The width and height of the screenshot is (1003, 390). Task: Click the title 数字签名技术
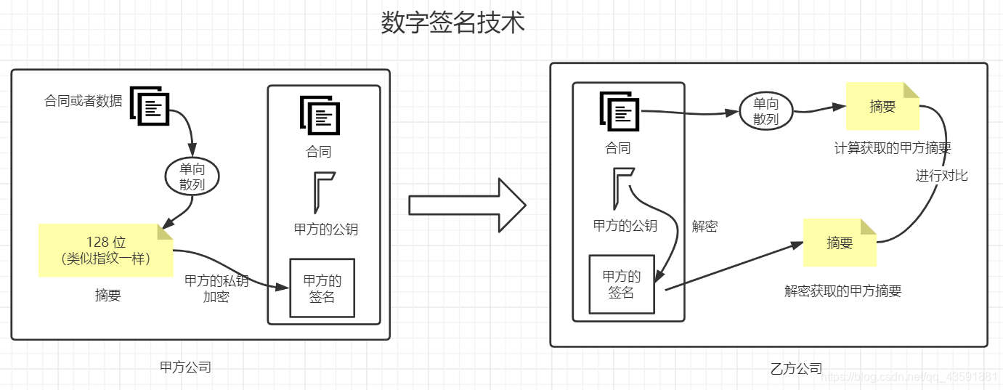coord(452,23)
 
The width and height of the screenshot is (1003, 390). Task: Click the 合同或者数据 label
coord(84,101)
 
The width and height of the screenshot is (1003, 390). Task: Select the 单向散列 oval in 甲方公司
coord(192,176)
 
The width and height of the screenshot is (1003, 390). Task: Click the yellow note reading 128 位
coord(107,250)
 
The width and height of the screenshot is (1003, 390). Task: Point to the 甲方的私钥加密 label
coord(216,289)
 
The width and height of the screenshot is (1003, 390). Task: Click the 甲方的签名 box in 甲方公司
coord(322,288)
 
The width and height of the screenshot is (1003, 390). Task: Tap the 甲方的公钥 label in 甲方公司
coord(326,229)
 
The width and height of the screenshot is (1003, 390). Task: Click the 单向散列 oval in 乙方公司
coord(766,112)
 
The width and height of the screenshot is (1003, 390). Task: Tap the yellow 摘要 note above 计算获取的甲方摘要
coord(882,107)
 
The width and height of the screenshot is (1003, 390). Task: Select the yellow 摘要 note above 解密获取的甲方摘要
coord(840,243)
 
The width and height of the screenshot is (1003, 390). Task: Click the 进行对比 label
coord(941,176)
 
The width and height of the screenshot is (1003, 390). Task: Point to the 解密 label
coord(704,226)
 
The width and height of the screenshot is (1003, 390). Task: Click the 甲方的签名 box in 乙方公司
coord(622,284)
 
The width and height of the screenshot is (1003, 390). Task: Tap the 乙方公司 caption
coord(796,369)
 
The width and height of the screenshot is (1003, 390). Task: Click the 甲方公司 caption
coord(185,367)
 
